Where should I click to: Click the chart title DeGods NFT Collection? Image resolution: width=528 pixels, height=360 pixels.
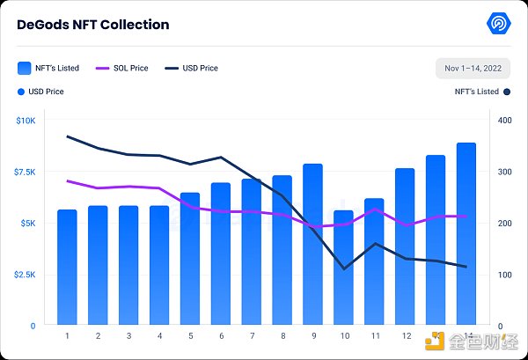(x=93, y=25)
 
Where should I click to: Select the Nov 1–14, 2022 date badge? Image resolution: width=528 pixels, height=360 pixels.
(x=473, y=68)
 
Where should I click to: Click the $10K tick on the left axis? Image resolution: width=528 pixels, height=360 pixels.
(x=26, y=120)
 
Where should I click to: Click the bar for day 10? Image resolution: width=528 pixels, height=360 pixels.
(x=343, y=268)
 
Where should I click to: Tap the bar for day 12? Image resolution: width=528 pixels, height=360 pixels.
(x=405, y=246)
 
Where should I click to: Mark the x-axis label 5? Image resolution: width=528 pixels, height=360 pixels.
(x=190, y=335)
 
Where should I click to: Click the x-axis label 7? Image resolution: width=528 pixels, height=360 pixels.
(x=252, y=335)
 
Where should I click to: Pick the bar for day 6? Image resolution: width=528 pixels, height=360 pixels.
(x=221, y=254)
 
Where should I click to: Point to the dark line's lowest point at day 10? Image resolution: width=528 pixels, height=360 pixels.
(x=343, y=268)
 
